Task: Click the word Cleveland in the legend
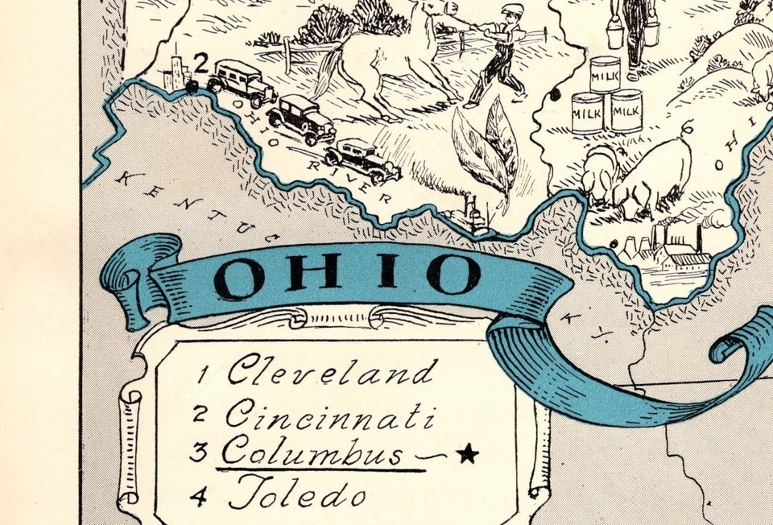(331, 372)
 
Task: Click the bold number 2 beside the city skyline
(202, 62)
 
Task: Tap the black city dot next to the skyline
(192, 88)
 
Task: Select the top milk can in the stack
(605, 74)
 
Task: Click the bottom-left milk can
(587, 112)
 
